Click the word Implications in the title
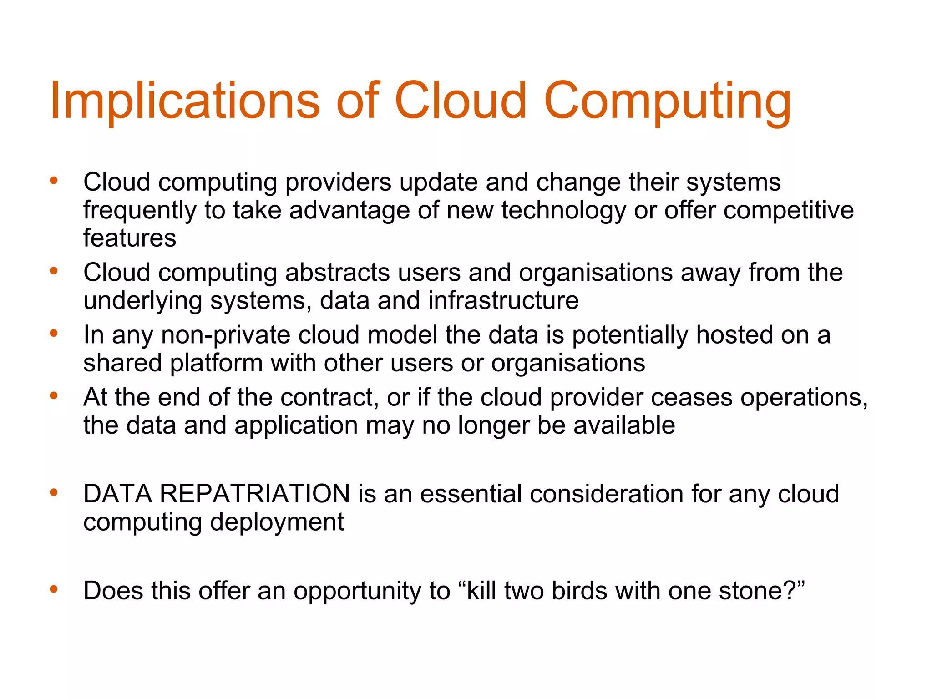(x=185, y=101)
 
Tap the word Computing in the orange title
(x=668, y=101)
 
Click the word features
(x=130, y=238)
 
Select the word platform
(x=216, y=363)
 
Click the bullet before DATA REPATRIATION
(x=54, y=492)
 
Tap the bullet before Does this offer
(x=54, y=590)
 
